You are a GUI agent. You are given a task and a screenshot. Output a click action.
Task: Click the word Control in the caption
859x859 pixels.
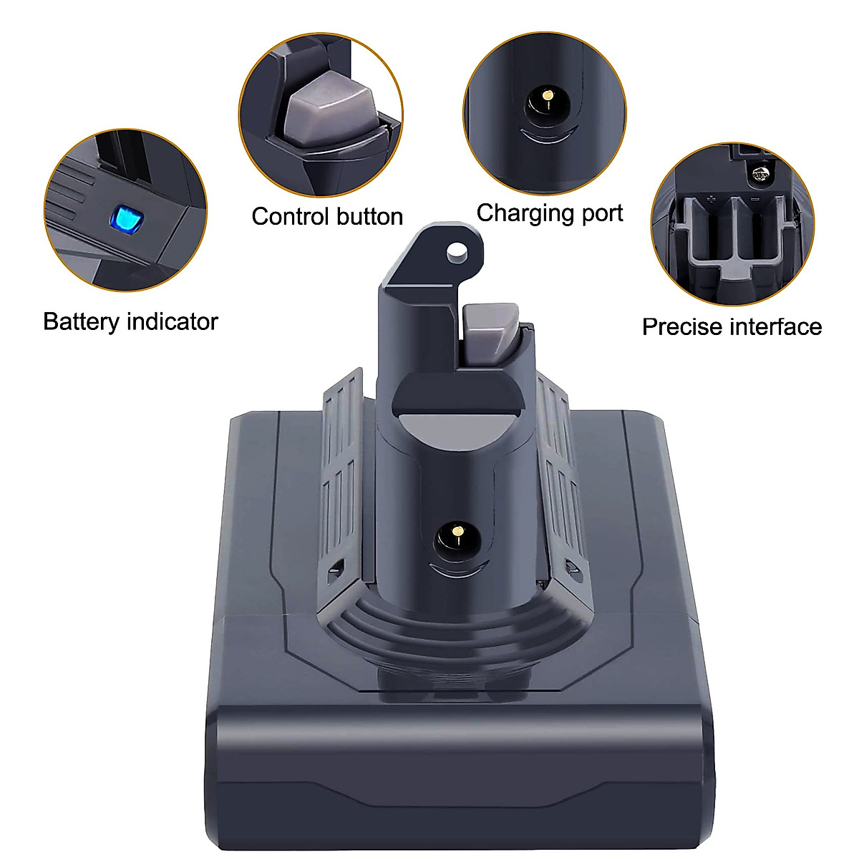[293, 216]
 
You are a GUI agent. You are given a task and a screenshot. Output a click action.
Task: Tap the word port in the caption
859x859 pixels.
[601, 214]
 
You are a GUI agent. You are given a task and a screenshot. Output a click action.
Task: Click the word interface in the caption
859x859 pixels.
[777, 326]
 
